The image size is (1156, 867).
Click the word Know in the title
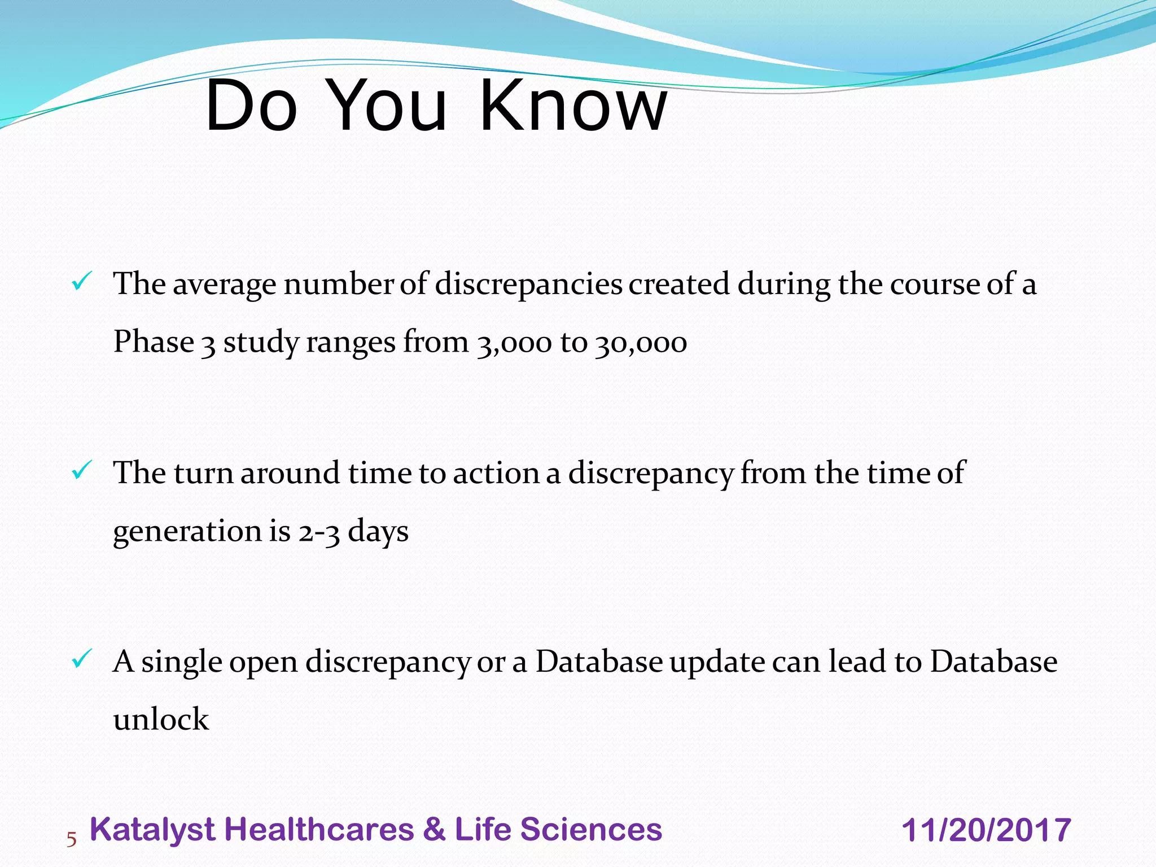coord(573,106)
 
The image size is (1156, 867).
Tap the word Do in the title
coord(252,106)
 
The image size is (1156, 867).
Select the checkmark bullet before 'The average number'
coord(82,281)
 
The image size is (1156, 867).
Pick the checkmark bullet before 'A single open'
coord(82,659)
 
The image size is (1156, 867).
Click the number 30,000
coord(641,343)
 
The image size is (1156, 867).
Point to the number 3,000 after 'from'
coord(514,343)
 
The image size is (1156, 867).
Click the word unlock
coord(161,720)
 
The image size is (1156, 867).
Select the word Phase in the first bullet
coord(154,341)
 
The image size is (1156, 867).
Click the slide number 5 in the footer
coord(71,839)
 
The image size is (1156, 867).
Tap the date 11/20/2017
coord(986,830)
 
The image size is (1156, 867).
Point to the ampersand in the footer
coord(434,830)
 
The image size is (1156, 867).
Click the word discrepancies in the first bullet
coord(528,283)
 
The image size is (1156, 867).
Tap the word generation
coord(186,532)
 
